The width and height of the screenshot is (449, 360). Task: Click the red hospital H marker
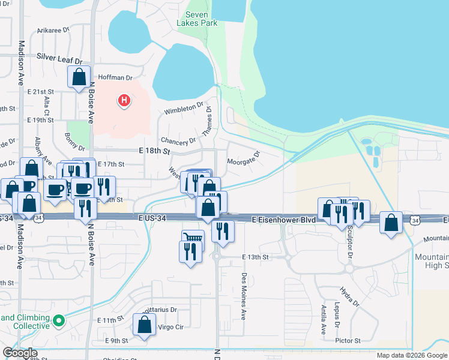click(124, 100)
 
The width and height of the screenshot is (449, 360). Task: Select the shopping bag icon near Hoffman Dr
click(79, 77)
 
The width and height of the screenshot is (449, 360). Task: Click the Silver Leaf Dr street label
click(59, 56)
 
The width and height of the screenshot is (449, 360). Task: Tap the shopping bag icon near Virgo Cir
click(145, 325)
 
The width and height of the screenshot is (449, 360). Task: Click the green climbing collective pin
click(58, 321)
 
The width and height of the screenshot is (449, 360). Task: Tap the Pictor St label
click(348, 340)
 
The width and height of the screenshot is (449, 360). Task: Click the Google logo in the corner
click(20, 353)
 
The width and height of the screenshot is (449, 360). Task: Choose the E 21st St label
click(41, 91)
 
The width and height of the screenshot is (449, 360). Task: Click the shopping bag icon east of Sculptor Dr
click(391, 223)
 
